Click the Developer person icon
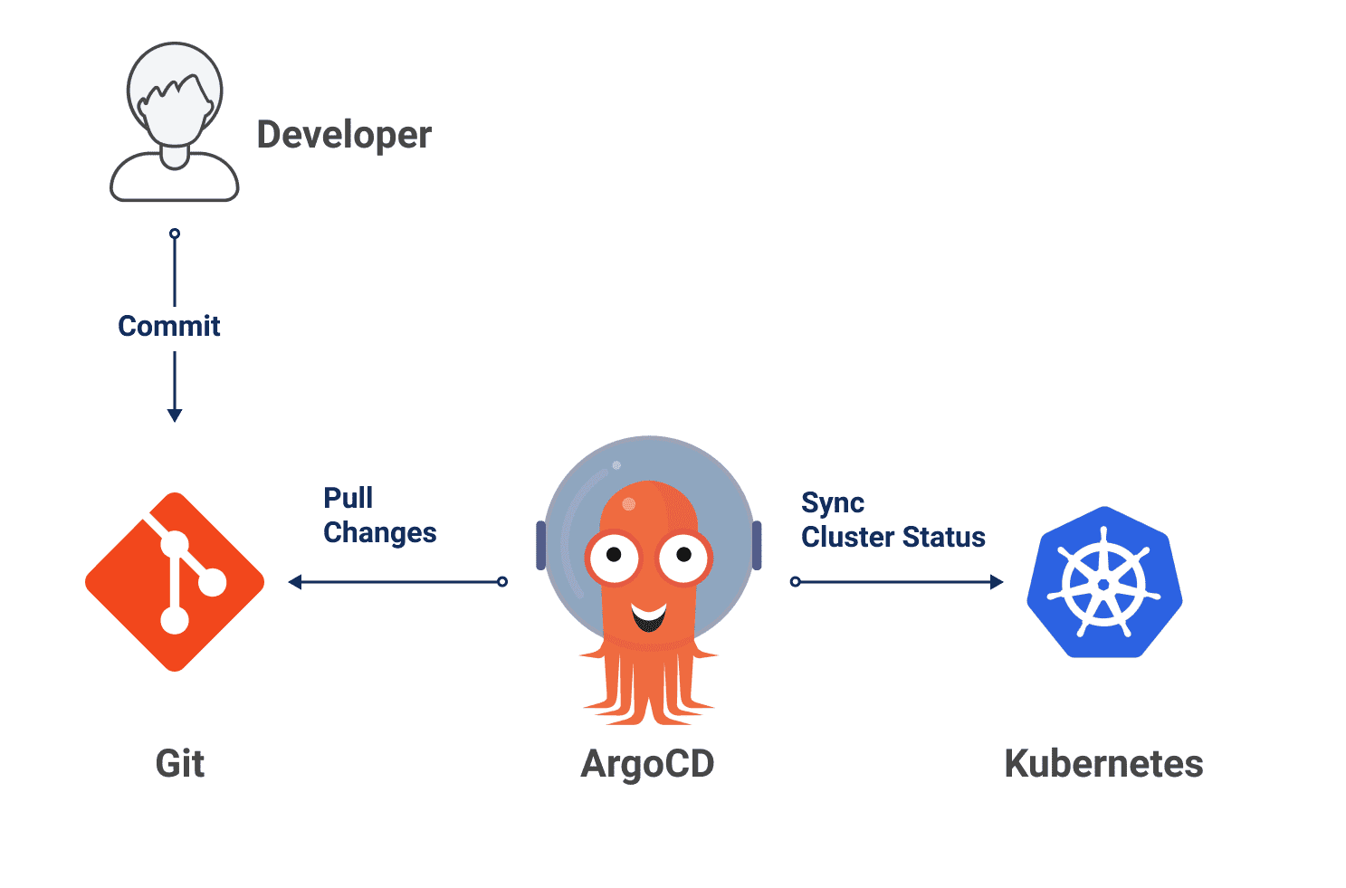(174, 122)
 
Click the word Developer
(344, 135)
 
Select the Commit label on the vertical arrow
(169, 326)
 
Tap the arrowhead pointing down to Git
(175, 415)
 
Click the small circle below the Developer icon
(175, 234)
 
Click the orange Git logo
(175, 582)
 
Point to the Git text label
(180, 763)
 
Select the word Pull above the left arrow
(348, 498)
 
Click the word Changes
(380, 533)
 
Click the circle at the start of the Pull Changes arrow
(502, 582)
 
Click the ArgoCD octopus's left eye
(613, 555)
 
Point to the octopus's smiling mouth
(649, 617)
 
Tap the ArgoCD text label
(647, 763)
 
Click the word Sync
(833, 502)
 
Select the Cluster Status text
(893, 537)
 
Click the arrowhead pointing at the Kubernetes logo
(997, 582)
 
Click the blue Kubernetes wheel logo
(1104, 583)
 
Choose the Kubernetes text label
(1103, 763)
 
